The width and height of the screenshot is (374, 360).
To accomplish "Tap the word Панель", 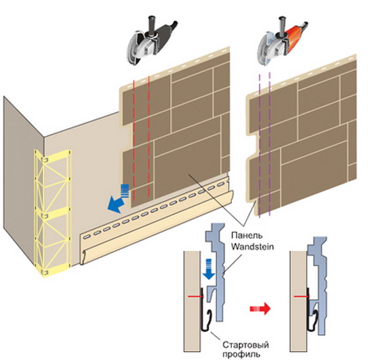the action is (247, 235).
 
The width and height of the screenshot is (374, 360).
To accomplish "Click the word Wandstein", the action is (252, 246).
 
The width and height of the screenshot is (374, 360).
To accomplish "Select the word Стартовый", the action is (246, 345).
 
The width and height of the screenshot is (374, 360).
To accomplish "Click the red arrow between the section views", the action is (260, 309).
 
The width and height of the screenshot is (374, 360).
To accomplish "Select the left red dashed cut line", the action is (134, 140).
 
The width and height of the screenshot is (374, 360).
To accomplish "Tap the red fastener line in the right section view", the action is (301, 296).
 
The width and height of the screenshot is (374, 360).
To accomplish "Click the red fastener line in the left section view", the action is (196, 297).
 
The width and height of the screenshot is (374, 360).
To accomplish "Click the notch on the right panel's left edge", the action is (254, 146).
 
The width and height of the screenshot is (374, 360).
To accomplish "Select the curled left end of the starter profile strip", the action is (83, 258).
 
